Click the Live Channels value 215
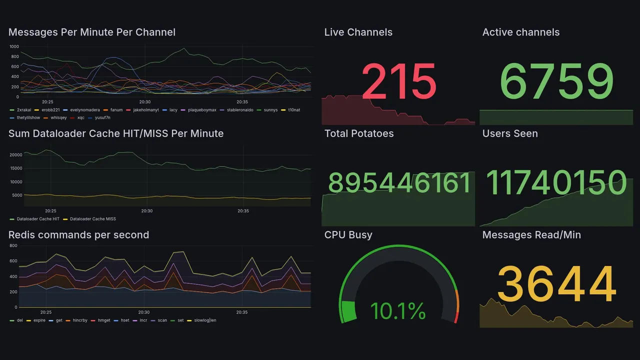tap(399, 81)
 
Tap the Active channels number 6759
tap(556, 81)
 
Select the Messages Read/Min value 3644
tap(556, 284)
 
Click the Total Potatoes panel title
tap(358, 133)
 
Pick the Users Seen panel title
tap(509, 133)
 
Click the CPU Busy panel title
tap(348, 235)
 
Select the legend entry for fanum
tap(116, 110)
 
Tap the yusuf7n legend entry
tap(102, 118)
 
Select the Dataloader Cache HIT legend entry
tap(37, 219)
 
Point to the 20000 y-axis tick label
tap(16, 155)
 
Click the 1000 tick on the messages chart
tap(14, 46)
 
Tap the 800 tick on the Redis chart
tap(13, 245)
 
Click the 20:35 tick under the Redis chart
tap(242, 312)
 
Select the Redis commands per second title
tap(78, 235)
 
